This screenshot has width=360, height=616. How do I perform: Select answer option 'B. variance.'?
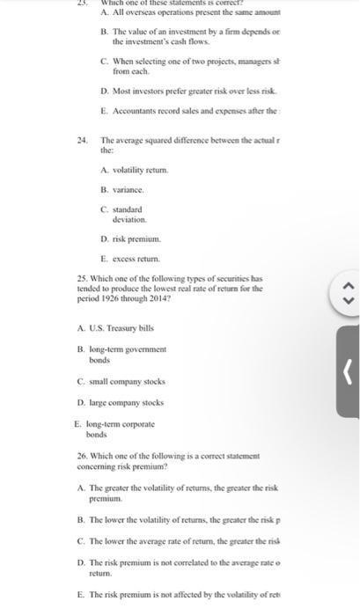click(x=122, y=190)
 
